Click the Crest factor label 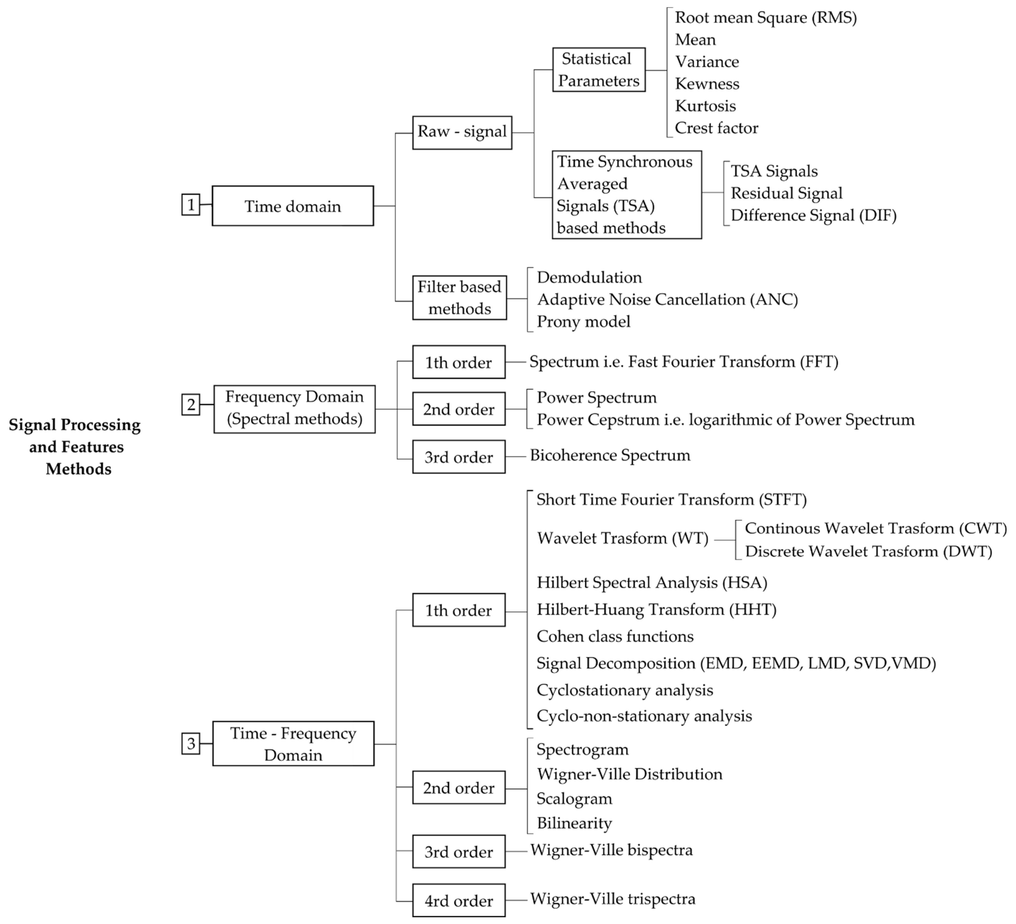pos(716,128)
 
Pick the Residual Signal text pos(786,193)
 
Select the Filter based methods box pos(459,297)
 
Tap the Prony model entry pos(583,322)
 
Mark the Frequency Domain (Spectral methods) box pos(294,409)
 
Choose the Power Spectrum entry pos(596,398)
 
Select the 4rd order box pos(459,900)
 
